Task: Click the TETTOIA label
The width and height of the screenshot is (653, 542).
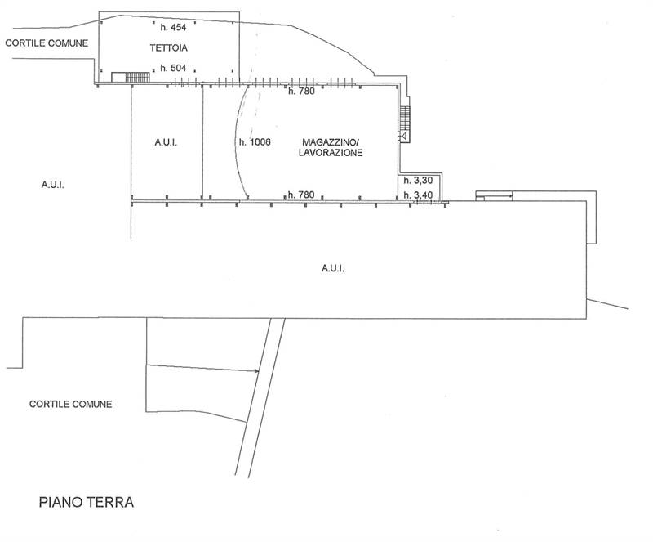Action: pos(169,48)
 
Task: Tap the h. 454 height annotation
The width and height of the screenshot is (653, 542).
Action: pos(173,28)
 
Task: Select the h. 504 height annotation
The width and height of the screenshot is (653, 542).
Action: pos(173,68)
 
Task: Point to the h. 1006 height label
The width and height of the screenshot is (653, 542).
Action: pos(255,142)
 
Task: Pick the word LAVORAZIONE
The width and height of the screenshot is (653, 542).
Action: pos(331,153)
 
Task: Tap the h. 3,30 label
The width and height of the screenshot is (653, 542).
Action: pos(418,181)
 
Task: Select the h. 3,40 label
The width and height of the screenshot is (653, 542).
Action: pos(418,195)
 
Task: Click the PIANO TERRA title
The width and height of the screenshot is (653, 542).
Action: pos(87,502)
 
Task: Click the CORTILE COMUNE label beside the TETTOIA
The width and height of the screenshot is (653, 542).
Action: pos(47,43)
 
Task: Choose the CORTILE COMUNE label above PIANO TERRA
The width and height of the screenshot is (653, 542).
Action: pos(71,404)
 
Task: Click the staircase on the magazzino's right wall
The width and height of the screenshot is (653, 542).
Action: pos(405,119)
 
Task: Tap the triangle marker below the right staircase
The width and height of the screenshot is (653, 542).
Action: pos(403,136)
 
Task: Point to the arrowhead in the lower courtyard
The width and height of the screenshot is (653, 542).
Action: pos(256,371)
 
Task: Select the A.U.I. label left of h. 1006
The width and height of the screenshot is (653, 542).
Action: pos(166,143)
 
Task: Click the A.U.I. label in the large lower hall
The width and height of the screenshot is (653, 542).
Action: pos(333,268)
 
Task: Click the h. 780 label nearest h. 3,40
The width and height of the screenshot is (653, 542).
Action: pos(301,195)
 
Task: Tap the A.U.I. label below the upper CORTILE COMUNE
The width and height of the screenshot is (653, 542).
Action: pos(52,185)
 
